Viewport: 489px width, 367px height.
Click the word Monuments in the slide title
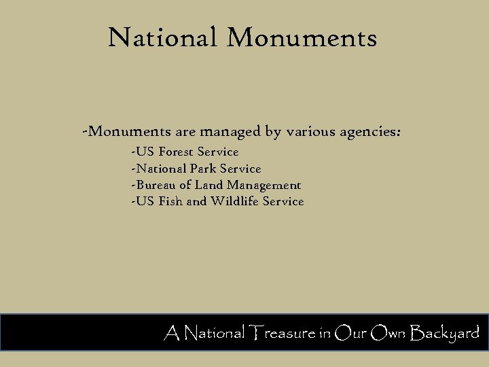[x=302, y=37]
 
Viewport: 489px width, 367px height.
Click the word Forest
[x=176, y=152]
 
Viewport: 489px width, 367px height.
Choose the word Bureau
[x=156, y=185]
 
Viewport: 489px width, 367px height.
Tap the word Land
[x=209, y=185]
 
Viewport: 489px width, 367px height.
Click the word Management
[x=264, y=185]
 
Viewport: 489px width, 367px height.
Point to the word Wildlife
[x=235, y=201]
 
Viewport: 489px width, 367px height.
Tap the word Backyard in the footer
[x=445, y=334]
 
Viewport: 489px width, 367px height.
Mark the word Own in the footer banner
[x=388, y=333]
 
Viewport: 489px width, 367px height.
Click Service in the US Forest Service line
[x=218, y=152]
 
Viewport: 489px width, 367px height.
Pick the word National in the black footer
[x=215, y=333]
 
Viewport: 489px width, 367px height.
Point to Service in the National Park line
[x=240, y=169]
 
